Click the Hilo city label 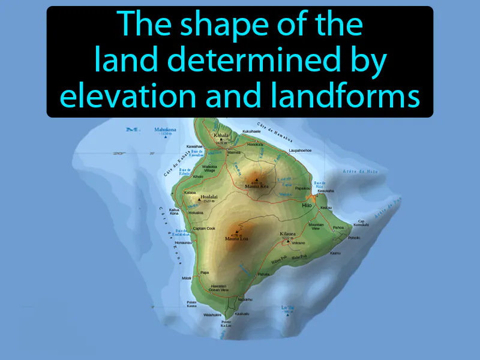coord(307,205)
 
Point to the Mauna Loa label coord(236,239)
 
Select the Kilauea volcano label coord(289,233)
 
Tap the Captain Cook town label coord(204,228)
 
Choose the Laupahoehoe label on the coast coord(302,150)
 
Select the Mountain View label coord(316,226)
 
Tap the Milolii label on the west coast coord(187,278)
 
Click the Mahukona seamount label coord(165,129)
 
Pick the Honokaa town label coord(255,144)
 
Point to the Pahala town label coord(263,274)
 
